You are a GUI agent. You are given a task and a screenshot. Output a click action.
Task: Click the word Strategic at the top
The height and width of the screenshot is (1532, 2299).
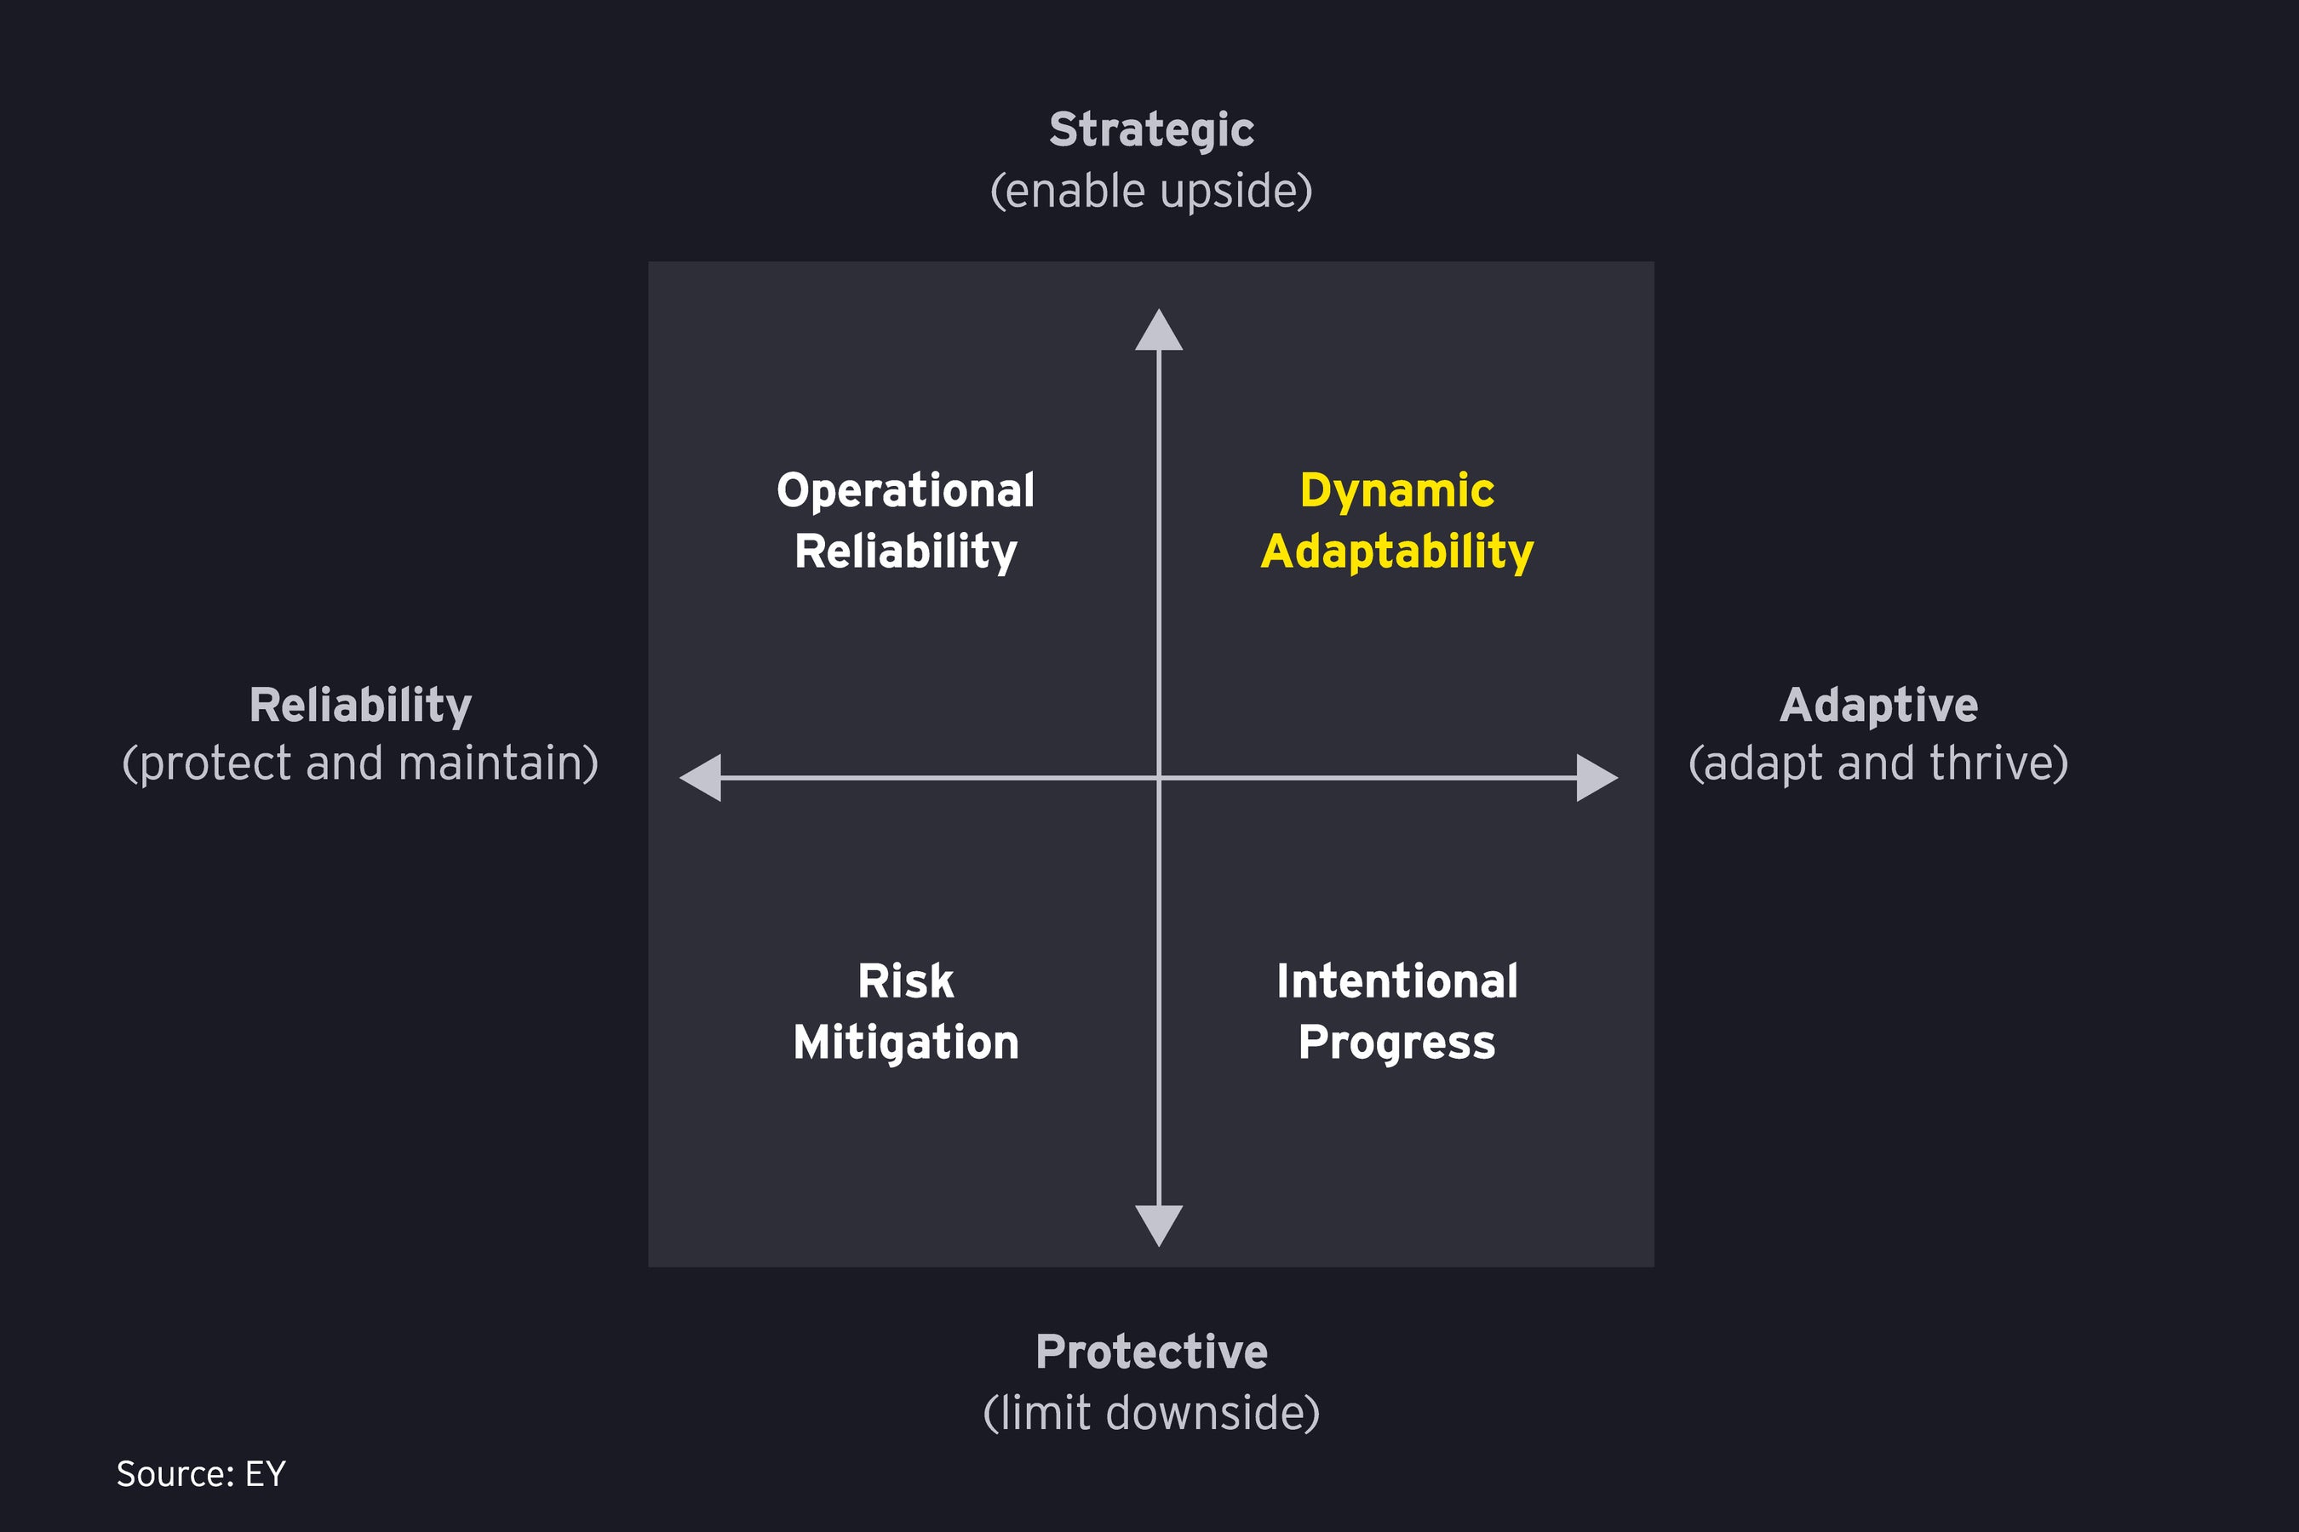tap(1150, 130)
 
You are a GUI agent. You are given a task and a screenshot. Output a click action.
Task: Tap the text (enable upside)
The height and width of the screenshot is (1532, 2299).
tap(1150, 191)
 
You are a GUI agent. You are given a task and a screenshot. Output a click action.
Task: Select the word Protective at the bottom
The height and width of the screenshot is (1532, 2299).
tap(1150, 1352)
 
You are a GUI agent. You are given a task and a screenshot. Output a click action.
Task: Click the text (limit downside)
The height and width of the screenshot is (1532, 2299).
tap(1150, 1413)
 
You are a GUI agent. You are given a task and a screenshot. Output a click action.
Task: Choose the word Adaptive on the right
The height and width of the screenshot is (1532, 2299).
tap(1878, 706)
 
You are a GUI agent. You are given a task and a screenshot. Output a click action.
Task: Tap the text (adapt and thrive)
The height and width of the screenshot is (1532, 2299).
tap(1878, 763)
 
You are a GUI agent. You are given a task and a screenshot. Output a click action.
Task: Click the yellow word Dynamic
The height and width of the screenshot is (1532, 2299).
tap(1396, 490)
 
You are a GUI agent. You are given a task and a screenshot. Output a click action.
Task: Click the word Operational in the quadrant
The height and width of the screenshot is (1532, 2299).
tap(905, 490)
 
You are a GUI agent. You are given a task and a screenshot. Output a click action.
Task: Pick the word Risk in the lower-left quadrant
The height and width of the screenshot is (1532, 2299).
tap(905, 981)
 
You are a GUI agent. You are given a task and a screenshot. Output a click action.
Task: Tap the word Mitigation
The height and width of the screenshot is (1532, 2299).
tap(905, 1043)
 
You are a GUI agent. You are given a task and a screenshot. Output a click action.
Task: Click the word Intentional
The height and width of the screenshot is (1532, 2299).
tap(1396, 981)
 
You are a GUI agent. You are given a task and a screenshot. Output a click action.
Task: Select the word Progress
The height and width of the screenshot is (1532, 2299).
tap(1396, 1043)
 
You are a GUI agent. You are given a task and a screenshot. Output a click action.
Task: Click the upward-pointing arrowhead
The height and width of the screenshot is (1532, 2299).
tap(1158, 333)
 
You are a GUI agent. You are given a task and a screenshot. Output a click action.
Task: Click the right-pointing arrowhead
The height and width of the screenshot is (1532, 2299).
tap(1594, 778)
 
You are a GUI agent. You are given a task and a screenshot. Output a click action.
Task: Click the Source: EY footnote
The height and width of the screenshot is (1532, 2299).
tap(200, 1473)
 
